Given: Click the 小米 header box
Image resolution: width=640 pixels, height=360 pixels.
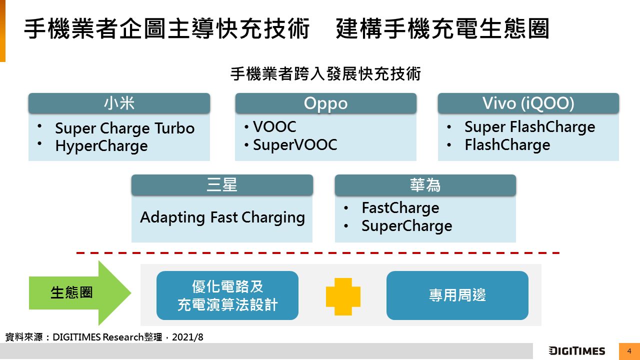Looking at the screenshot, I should click(x=119, y=103).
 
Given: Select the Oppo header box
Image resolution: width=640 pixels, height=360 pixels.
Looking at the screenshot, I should click(x=325, y=103).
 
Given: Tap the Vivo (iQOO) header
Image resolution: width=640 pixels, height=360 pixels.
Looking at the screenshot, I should click(x=528, y=103).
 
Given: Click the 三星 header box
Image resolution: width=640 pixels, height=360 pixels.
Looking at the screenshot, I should click(x=222, y=185).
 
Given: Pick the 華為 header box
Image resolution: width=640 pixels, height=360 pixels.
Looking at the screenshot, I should click(x=425, y=185).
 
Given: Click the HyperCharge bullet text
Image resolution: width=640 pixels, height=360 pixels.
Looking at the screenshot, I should click(x=101, y=146).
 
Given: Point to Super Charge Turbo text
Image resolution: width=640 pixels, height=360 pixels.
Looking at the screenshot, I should click(x=124, y=128).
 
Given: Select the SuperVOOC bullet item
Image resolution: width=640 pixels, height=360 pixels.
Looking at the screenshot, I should click(x=295, y=145).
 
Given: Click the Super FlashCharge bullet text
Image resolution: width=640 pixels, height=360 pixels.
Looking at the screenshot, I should click(x=529, y=127).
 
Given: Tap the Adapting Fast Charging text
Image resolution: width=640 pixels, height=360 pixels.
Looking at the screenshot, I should click(x=222, y=217).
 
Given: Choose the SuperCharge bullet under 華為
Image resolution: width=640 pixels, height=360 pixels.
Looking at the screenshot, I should click(x=406, y=226).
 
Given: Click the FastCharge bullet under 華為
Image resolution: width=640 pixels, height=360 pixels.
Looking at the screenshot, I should click(x=400, y=208).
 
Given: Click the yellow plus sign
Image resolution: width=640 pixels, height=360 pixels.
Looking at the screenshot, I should click(x=343, y=296).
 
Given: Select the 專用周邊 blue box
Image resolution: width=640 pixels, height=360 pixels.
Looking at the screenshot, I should click(x=457, y=295).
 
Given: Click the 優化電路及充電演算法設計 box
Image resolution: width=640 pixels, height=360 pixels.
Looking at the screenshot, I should click(x=227, y=295).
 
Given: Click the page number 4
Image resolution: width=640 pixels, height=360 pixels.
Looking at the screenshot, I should click(x=629, y=351).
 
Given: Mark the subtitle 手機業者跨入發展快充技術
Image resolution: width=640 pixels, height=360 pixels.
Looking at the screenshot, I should click(x=325, y=74).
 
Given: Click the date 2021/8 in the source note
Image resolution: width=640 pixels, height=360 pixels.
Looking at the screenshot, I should click(x=187, y=337).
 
